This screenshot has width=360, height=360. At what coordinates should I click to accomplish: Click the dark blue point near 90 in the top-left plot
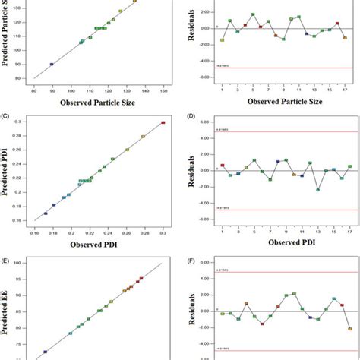tap(52, 65)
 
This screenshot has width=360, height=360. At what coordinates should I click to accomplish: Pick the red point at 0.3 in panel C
tap(163, 122)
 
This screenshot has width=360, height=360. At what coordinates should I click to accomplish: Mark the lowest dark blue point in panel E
tap(45, 352)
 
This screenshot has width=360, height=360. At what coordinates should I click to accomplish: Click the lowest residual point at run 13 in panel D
tap(317, 189)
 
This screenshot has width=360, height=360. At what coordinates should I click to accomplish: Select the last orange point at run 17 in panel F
tap(350, 329)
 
